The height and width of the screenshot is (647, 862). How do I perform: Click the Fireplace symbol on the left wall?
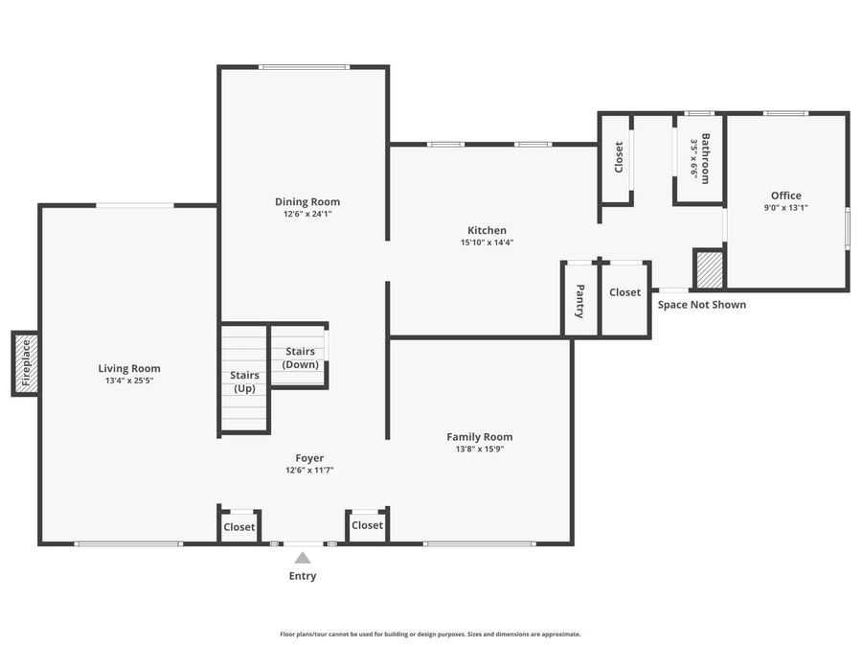25,363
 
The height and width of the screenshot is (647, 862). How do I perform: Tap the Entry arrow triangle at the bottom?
303,558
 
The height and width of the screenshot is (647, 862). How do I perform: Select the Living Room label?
129,368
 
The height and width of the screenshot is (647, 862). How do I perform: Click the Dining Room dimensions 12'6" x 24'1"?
307,214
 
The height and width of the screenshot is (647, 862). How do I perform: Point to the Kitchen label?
487,230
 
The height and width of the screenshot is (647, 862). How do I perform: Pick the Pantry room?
580,300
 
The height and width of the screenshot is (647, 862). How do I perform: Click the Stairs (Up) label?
244,381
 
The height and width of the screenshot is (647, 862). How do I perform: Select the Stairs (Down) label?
301,358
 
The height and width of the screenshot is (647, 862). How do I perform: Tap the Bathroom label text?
706,158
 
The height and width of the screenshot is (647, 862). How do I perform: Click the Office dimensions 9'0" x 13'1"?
786,207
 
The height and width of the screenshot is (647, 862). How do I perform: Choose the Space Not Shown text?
702,305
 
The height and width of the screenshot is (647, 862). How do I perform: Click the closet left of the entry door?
239,527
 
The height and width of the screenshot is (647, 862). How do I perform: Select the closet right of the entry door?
367,525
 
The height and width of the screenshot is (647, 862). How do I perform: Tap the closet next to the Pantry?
624,292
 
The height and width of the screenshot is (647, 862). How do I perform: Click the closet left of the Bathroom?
618,158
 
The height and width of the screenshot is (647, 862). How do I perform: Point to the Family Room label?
480,436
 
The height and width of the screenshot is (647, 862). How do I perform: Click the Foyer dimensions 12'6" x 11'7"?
309,471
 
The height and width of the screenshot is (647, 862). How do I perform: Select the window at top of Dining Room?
305,66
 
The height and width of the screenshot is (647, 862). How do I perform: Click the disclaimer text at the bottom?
430,634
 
